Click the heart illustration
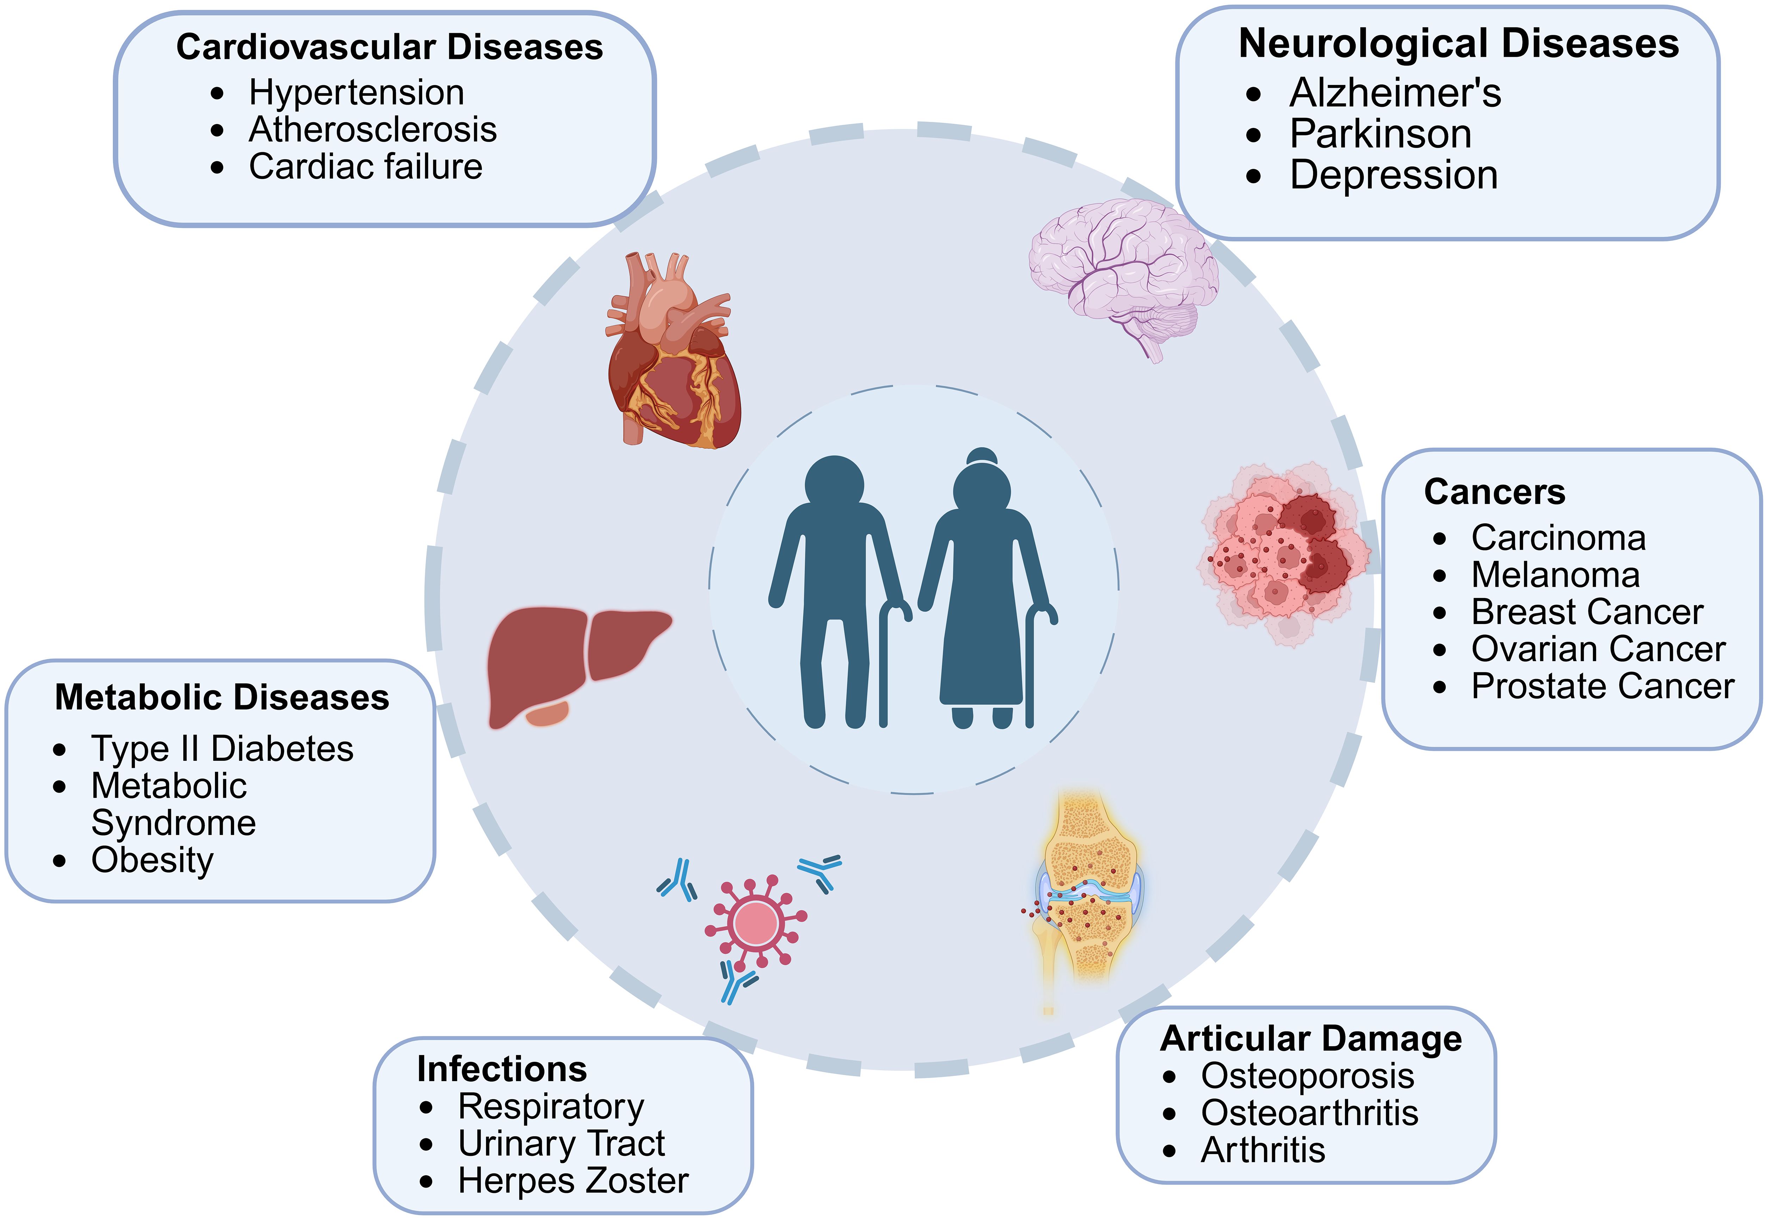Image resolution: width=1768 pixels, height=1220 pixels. point(673,359)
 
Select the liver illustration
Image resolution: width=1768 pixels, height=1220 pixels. point(573,661)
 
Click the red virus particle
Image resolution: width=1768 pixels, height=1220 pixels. point(755,923)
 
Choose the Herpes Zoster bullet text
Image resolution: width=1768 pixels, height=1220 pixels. point(573,1181)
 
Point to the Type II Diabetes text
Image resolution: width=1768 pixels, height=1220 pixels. point(222,748)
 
